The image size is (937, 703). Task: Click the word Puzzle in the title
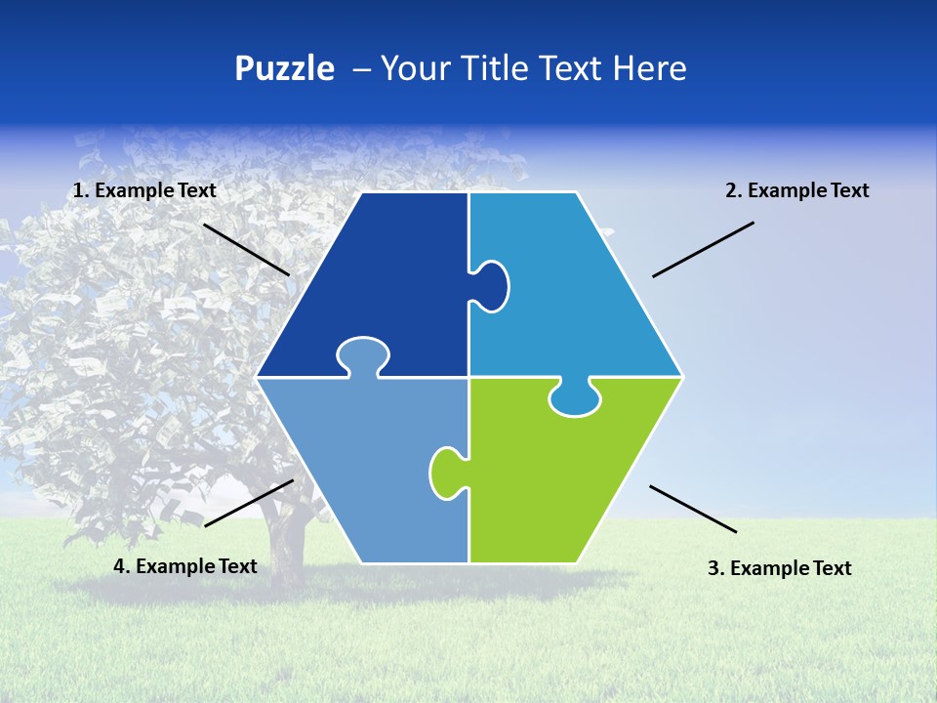[x=284, y=69]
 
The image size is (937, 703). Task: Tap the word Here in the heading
[x=649, y=68]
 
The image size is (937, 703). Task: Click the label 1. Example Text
[x=144, y=191]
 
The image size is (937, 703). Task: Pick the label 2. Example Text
[x=796, y=191]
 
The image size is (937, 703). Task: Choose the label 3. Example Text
[x=779, y=568]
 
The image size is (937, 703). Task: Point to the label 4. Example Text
[x=185, y=566]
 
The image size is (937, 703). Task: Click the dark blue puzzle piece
[x=381, y=283]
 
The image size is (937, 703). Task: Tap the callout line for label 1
[x=246, y=249]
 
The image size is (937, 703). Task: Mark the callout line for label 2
[x=703, y=249]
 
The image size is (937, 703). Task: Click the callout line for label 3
[x=693, y=509]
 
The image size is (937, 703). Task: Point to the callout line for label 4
[x=249, y=503]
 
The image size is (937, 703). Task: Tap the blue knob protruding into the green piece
[x=574, y=398]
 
